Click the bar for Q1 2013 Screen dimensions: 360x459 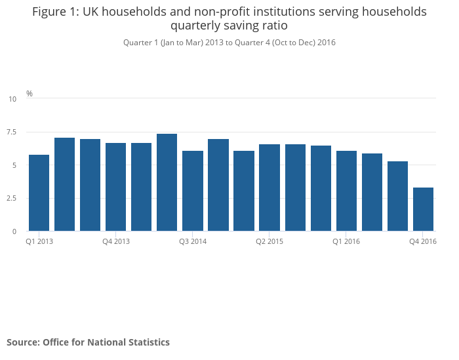[39, 193]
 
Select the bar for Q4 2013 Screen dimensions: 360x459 [115, 187]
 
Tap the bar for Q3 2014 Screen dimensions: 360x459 [193, 191]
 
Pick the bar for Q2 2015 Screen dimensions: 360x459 [269, 188]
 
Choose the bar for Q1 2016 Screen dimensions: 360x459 [346, 191]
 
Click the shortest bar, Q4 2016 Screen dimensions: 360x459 [423, 209]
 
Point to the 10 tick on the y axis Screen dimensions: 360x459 [12, 99]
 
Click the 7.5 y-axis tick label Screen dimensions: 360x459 [12, 132]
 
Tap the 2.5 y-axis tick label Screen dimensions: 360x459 [12, 198]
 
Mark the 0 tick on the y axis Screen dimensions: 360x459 [14, 231]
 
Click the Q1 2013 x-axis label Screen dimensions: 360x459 [39, 241]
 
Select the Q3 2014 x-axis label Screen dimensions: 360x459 [193, 241]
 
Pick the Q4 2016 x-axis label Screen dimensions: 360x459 [423, 241]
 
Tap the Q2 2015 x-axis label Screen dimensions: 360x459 [269, 241]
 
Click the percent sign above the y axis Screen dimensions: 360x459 [29, 94]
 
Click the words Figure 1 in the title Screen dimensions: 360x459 [55, 12]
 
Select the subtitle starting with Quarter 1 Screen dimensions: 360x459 [229, 43]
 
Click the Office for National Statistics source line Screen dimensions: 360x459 [88, 342]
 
